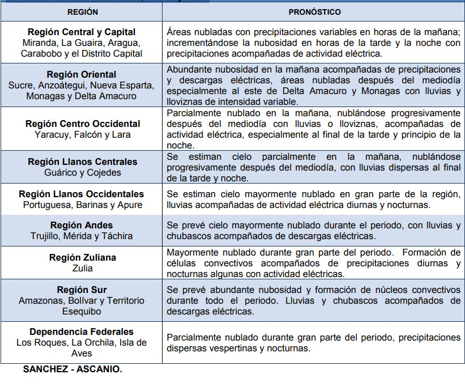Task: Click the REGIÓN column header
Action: tap(82, 11)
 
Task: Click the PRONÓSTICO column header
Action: tap(314, 11)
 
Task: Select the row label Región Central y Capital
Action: tap(82, 32)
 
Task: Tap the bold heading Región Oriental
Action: tap(82, 74)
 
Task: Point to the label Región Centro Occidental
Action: tap(83, 124)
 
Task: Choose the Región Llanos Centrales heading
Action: tap(83, 161)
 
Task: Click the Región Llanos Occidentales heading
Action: tap(82, 194)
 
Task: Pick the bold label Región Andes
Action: tap(82, 225)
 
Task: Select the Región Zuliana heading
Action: tap(83, 257)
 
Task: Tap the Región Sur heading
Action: tap(82, 290)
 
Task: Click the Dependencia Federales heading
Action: tap(82, 331)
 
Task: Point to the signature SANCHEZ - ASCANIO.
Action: tap(72, 369)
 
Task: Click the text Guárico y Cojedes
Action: tap(83, 172)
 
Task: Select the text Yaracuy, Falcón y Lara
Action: tap(83, 134)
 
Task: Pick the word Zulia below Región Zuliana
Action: tap(83, 268)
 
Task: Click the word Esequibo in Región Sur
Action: tap(82, 311)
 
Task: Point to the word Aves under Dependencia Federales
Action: tap(82, 353)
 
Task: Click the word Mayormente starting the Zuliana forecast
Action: tap(191, 252)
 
